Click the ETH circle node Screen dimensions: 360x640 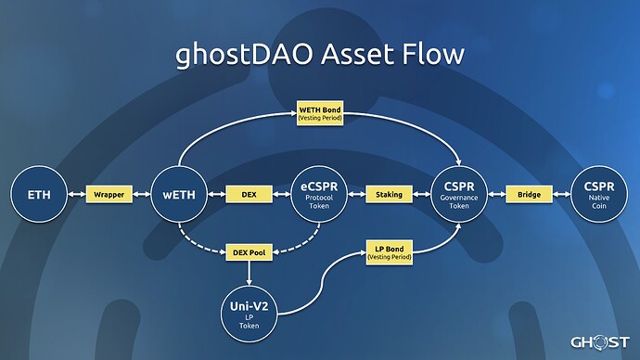[39, 195]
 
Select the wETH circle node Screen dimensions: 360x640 [178, 195]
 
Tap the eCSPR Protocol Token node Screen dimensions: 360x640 [318, 195]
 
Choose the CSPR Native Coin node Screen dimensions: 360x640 [599, 195]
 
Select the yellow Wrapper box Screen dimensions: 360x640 [109, 195]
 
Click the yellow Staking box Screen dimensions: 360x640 [389, 195]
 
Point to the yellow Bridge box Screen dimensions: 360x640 [529, 195]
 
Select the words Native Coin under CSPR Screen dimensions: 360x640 [599, 206]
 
